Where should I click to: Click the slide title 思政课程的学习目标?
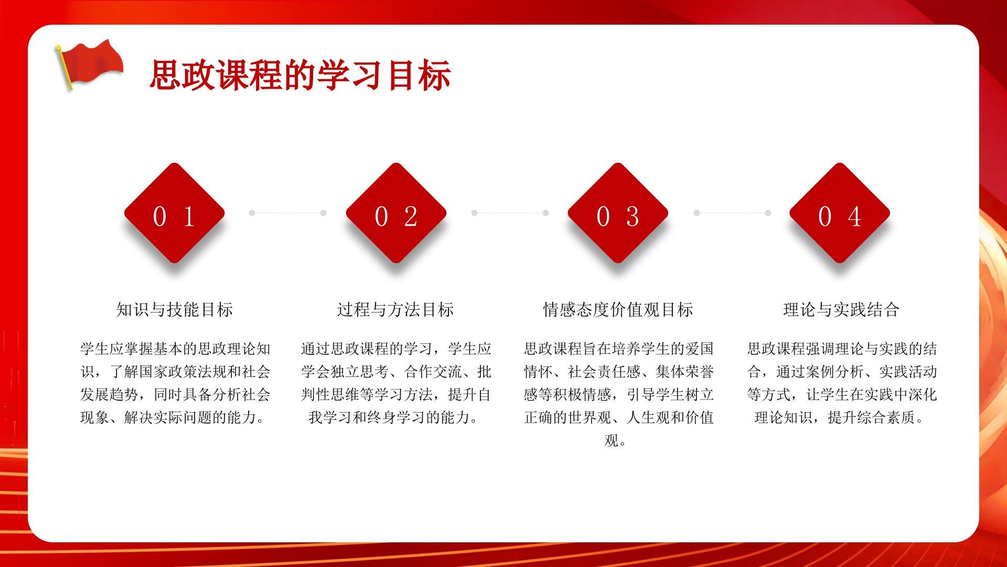pos(300,76)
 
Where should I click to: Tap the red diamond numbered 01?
pos(174,213)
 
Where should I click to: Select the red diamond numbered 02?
pos(396,213)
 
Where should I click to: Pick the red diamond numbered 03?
pos(618,213)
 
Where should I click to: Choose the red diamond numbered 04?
pos(840,213)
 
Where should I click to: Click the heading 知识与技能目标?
pos(175,310)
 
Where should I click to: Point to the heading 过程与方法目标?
pos(395,310)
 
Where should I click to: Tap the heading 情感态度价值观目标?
pos(618,310)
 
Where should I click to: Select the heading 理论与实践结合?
pos(841,310)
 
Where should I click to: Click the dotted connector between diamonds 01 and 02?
pos(287,213)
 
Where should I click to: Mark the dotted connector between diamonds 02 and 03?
pos(510,213)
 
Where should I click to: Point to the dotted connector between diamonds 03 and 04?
pos(732,213)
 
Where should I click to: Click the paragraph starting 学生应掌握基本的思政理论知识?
pos(175,383)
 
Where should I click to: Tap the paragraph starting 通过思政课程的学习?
pos(396,383)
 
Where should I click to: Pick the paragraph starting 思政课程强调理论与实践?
pos(842,383)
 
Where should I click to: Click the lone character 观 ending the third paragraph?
pos(612,440)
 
